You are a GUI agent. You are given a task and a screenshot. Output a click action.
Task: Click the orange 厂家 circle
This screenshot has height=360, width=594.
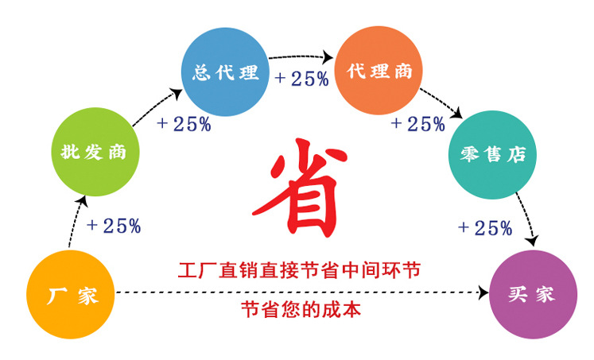click(71, 296)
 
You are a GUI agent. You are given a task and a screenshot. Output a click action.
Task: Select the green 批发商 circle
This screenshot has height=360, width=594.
click(95, 153)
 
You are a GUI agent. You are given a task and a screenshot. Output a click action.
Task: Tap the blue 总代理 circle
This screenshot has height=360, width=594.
click(225, 72)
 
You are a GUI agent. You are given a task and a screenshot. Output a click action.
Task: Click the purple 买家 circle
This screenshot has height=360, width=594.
click(531, 295)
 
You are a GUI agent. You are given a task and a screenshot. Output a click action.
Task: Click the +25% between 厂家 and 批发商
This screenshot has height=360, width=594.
click(115, 226)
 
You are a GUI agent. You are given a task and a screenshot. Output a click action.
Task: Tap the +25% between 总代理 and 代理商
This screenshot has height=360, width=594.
click(301, 79)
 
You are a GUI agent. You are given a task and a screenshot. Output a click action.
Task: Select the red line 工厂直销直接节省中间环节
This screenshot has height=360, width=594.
click(297, 270)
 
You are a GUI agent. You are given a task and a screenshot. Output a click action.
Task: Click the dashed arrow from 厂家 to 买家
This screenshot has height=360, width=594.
click(302, 292)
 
